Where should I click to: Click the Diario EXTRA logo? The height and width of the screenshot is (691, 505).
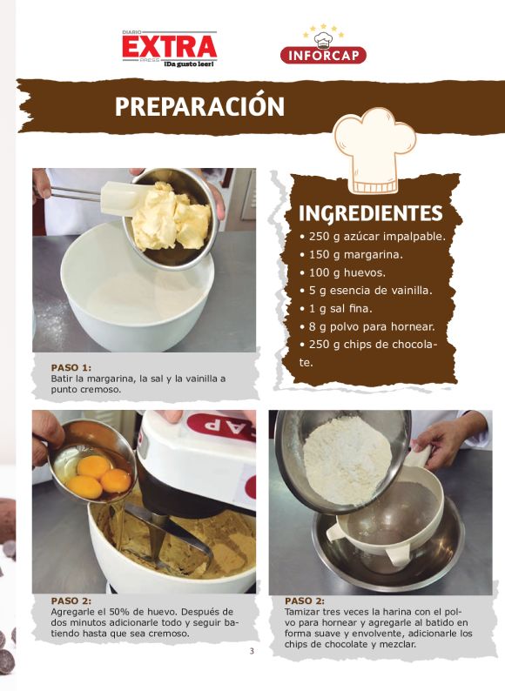(x=170, y=49)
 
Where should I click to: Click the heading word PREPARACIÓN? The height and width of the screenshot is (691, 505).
(x=199, y=106)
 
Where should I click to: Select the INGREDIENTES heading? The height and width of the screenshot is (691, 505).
(x=371, y=213)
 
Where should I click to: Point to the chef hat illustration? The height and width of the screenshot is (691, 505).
(x=374, y=151)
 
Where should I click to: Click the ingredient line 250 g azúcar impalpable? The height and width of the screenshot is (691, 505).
(x=373, y=237)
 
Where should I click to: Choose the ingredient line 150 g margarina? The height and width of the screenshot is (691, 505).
(x=352, y=255)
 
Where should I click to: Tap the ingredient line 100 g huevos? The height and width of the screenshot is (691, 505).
(x=343, y=272)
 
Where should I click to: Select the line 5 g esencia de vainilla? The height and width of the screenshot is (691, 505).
(x=366, y=291)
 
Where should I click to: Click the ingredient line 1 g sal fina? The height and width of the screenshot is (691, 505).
(x=336, y=309)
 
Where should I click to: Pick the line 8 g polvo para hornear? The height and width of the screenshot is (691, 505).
(x=367, y=327)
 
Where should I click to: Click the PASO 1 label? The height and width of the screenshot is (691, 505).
(x=71, y=367)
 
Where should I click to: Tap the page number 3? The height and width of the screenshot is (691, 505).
(x=252, y=651)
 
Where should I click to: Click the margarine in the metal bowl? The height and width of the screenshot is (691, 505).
(x=172, y=218)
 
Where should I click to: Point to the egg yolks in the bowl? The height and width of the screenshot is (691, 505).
(x=99, y=478)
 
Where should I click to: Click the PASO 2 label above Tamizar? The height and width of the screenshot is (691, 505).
(x=305, y=601)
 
